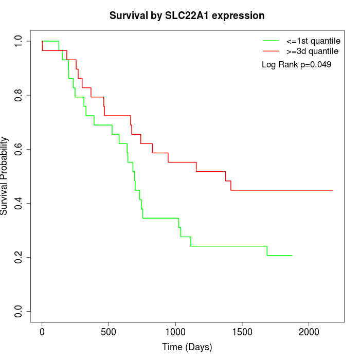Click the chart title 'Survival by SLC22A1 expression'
pyautogui.click(x=187, y=16)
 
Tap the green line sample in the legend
pyautogui.click(x=272, y=40)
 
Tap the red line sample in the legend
pyautogui.click(x=272, y=51)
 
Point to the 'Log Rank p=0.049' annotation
pyautogui.click(x=296, y=65)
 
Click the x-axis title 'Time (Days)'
pyautogui.click(x=187, y=347)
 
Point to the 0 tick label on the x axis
pyautogui.click(x=42, y=332)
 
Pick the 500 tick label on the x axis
pyautogui.click(x=109, y=332)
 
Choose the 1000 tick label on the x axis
pyautogui.click(x=175, y=332)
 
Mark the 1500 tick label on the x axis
pyautogui.click(x=242, y=332)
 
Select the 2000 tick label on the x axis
pyautogui.click(x=309, y=332)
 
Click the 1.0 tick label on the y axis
pyautogui.click(x=19, y=41)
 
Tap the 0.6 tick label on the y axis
pyautogui.click(x=19, y=149)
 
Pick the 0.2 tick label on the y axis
pyautogui.click(x=19, y=257)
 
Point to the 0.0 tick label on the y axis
pyautogui.click(x=19, y=311)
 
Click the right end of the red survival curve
pyautogui.click(x=333, y=190)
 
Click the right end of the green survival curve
pyautogui.click(x=292, y=255)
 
